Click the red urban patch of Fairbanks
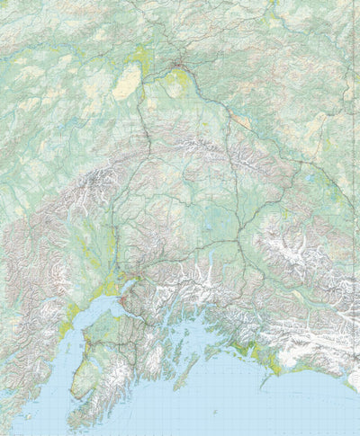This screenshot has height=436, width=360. [x=180, y=65]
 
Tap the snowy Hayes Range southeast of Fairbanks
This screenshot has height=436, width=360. [x=207, y=144]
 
